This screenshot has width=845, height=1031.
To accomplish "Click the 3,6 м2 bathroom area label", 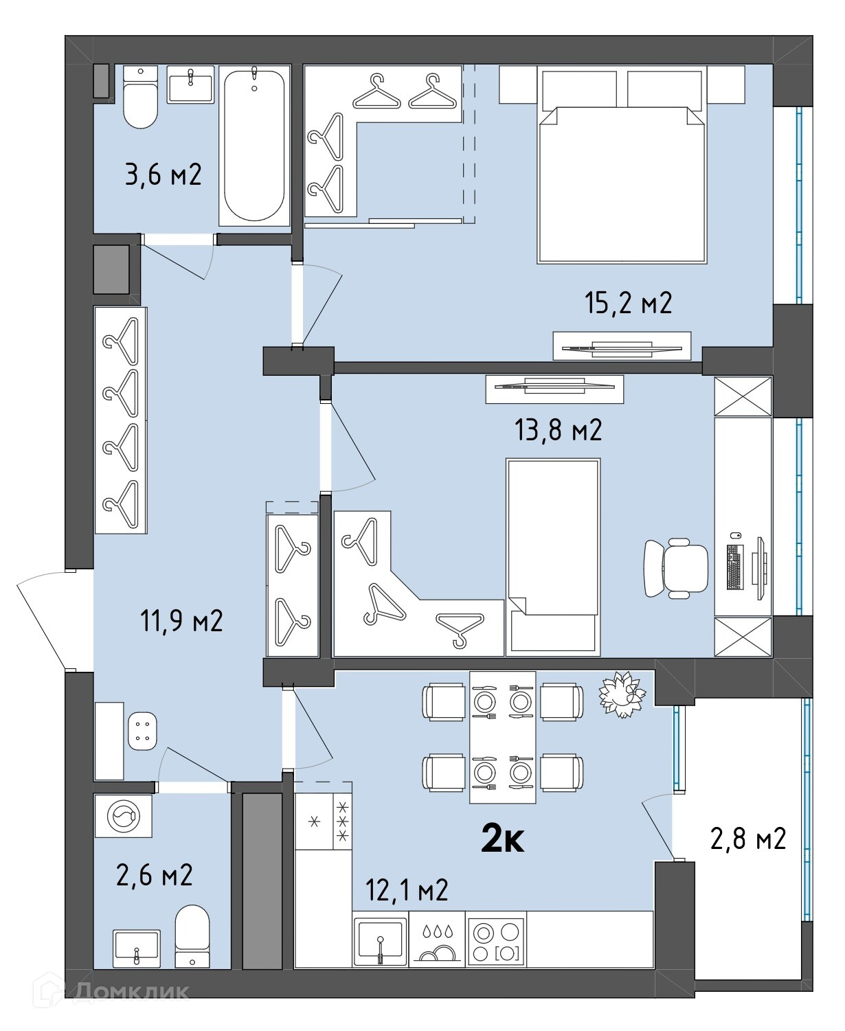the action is pyautogui.click(x=163, y=174).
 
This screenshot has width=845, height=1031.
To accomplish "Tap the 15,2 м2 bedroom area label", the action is pyautogui.click(x=629, y=303).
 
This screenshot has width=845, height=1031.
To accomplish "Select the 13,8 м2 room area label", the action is pyautogui.click(x=558, y=430).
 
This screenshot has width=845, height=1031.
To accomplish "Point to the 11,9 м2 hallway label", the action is pyautogui.click(x=181, y=621).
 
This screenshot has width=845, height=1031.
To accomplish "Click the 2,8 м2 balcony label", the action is pyautogui.click(x=747, y=839).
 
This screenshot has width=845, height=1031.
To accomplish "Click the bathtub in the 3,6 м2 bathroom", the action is pyautogui.click(x=254, y=146).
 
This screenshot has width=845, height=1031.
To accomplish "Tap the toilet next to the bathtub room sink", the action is pyautogui.click(x=141, y=98).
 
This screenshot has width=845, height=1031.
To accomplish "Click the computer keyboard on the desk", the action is pyautogui.click(x=734, y=567).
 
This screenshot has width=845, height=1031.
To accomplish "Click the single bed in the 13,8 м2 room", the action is pyautogui.click(x=553, y=557).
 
